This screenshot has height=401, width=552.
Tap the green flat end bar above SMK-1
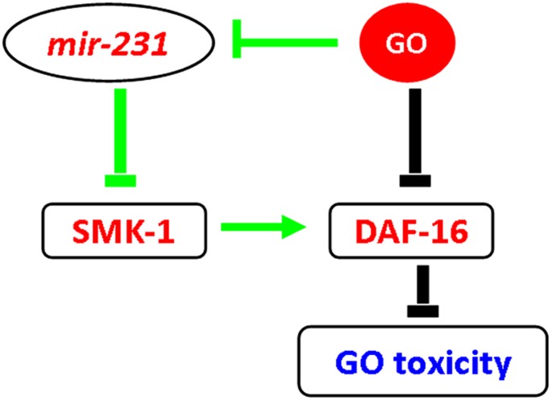(122, 179)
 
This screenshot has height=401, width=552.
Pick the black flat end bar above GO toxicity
(417, 310)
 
